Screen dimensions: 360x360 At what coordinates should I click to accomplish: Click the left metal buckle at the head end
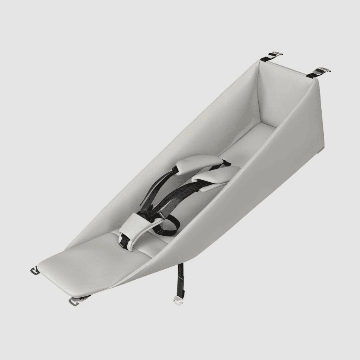click(275, 54)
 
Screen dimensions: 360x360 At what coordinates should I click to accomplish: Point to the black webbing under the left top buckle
click(265, 59)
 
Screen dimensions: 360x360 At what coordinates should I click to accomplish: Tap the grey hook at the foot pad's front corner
click(74, 300)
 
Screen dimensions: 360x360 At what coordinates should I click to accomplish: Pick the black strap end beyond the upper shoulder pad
click(227, 163)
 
